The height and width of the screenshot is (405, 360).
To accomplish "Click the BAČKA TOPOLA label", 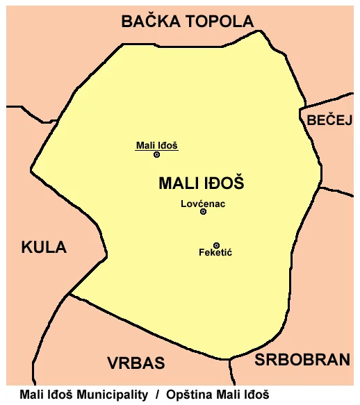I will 188,22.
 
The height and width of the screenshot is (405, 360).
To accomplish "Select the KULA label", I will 44,247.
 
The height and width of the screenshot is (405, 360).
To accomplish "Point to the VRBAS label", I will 136,363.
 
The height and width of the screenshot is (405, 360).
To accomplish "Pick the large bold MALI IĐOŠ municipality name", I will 202,183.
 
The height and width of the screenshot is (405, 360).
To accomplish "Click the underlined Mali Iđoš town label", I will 157,145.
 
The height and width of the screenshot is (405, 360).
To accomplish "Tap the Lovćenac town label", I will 203,204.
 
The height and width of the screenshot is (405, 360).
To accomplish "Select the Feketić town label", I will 215,253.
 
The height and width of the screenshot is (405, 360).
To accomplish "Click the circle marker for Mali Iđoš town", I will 157,154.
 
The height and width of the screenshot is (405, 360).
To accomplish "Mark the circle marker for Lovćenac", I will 203,211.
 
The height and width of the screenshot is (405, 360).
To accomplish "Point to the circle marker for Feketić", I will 216,245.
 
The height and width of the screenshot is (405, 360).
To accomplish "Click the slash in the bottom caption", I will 157,395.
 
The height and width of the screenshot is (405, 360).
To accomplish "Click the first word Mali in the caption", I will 31,395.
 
